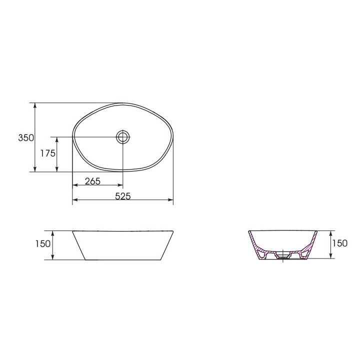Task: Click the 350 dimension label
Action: click(26, 138)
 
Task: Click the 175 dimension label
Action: click(48, 153)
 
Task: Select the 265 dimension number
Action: click(93, 181)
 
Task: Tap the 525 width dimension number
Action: click(123, 196)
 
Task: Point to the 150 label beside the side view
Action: click(43, 244)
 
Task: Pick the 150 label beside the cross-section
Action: click(340, 243)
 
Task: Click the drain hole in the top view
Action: click(123, 137)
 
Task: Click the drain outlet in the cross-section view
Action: click(283, 255)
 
